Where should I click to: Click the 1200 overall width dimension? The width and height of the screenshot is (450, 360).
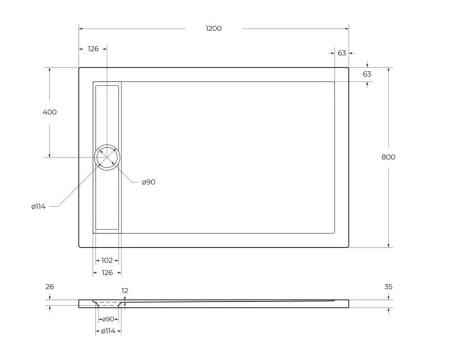coord(214,28)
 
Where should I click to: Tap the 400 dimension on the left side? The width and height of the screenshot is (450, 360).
coord(49,111)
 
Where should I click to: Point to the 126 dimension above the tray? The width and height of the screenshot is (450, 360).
coord(93,48)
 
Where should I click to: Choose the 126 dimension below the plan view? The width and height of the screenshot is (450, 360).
coord(106,271)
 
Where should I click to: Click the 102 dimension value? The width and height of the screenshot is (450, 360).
coord(107,260)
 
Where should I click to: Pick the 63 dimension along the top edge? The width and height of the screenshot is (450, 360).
coord(342,52)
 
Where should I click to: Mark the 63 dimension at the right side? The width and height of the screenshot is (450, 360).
coord(367,74)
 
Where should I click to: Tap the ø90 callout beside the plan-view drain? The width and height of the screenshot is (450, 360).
coord(148,181)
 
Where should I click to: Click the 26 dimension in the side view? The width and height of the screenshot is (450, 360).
coord(50,287)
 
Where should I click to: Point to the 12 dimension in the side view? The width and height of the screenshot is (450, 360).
coord(124,291)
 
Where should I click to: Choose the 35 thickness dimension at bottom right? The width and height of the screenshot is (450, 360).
coord(388,287)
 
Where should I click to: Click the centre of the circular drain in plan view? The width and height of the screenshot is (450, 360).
coord(107,157)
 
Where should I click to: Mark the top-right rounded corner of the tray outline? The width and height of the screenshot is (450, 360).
coord(347,70)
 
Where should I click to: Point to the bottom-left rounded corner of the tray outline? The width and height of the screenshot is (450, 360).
coord(81,244)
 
